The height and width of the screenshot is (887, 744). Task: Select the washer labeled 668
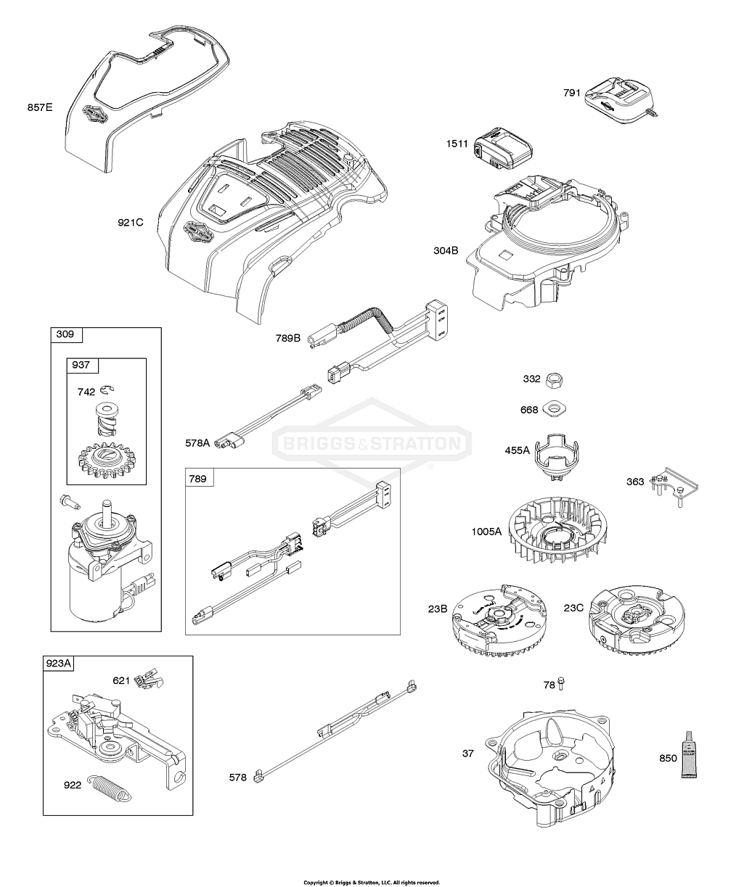[553, 409]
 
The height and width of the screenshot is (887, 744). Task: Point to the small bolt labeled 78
[562, 684]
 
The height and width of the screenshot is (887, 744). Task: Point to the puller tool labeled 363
[674, 484]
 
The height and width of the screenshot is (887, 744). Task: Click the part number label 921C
[130, 222]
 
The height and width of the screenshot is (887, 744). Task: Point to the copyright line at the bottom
[372, 883]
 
